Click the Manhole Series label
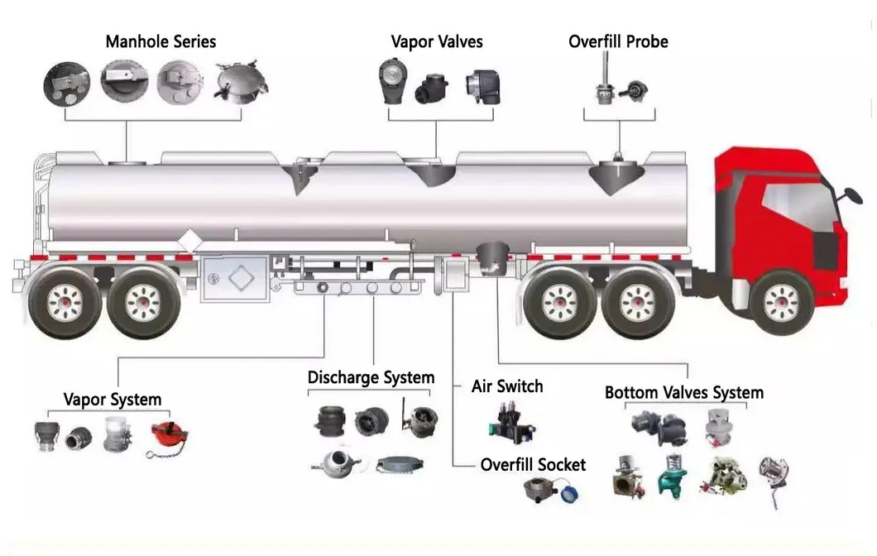161,41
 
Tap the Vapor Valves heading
437,41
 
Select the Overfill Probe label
618,41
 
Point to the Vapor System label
113,400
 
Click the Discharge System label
371,378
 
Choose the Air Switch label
507,386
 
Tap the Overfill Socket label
533,464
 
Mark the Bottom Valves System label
684,392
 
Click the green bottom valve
671,473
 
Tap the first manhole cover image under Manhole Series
67,82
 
